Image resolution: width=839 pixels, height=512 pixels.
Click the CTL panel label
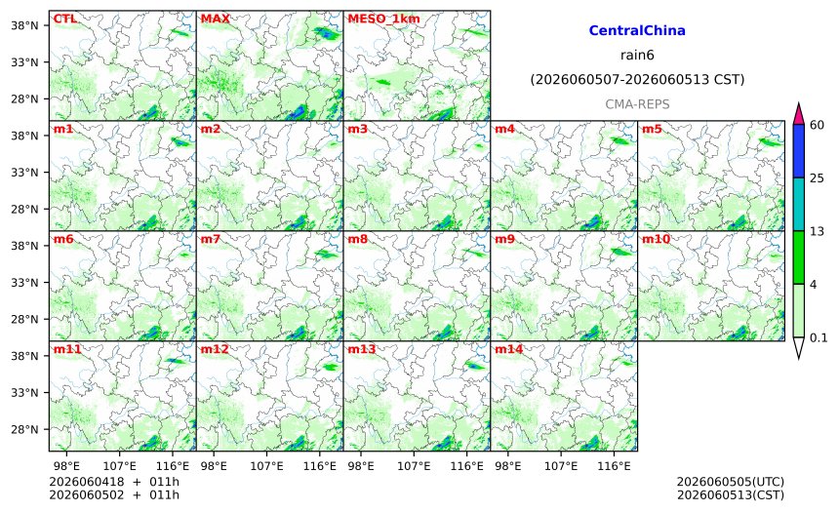(64, 19)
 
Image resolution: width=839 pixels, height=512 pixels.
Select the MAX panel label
(215, 19)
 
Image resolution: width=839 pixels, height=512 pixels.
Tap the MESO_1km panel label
(383, 19)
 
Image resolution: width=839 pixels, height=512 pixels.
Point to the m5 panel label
(652, 129)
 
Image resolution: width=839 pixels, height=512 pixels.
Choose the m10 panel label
(656, 239)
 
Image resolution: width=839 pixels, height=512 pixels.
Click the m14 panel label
(508, 349)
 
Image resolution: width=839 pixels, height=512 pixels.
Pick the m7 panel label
(211, 239)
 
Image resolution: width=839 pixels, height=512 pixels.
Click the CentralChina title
(637, 30)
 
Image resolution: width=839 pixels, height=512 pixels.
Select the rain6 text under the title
(637, 56)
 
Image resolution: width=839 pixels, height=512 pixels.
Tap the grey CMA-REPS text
(637, 104)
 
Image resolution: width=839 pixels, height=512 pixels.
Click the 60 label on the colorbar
(817, 125)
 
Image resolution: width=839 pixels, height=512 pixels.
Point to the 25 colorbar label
(817, 178)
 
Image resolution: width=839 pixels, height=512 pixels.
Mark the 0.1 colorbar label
(819, 337)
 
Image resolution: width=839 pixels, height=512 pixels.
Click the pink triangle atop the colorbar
(798, 115)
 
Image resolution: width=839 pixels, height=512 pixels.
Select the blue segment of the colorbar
(798, 151)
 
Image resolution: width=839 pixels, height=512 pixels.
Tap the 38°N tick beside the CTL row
(24, 25)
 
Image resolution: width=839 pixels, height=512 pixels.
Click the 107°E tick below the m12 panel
(266, 466)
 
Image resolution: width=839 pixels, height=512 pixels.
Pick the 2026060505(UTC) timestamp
(731, 482)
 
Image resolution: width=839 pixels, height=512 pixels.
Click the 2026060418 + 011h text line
(114, 482)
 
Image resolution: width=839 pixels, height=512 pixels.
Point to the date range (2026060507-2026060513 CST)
(637, 80)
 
